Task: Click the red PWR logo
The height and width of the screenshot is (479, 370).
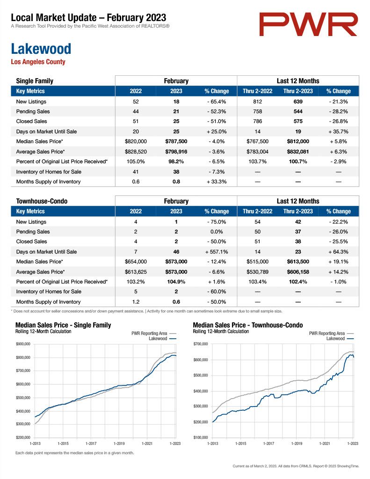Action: click(x=308, y=24)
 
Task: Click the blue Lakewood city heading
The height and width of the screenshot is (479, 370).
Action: click(x=41, y=49)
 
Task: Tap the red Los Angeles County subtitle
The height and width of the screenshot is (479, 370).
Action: click(x=38, y=62)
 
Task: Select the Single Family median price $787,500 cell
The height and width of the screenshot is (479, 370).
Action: click(x=176, y=141)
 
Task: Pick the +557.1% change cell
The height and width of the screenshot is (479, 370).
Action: click(x=217, y=252)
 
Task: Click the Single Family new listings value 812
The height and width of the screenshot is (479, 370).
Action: click(x=258, y=102)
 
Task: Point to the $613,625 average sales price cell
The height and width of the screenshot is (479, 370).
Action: click(x=136, y=272)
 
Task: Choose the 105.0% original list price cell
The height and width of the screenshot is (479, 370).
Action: click(x=136, y=161)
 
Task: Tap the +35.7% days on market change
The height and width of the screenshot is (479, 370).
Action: click(x=338, y=131)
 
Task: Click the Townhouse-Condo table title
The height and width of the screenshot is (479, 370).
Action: click(x=42, y=201)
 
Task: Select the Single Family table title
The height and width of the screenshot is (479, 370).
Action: click(x=35, y=81)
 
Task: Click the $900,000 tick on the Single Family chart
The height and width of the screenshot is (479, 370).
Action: click(x=23, y=344)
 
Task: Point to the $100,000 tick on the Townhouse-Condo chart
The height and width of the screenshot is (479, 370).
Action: click(x=201, y=437)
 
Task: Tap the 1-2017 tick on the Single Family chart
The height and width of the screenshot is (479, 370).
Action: click(x=91, y=443)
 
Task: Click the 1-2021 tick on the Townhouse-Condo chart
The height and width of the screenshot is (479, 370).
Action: click(x=325, y=443)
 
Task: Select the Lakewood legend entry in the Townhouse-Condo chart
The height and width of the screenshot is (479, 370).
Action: click(x=340, y=339)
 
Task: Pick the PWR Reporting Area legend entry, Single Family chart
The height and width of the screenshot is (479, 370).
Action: click(x=154, y=333)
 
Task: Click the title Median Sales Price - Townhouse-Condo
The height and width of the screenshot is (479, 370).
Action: click(x=248, y=325)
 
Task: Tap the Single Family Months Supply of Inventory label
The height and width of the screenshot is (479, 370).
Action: click(x=48, y=181)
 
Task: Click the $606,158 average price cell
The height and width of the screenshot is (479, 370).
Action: click(x=298, y=272)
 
